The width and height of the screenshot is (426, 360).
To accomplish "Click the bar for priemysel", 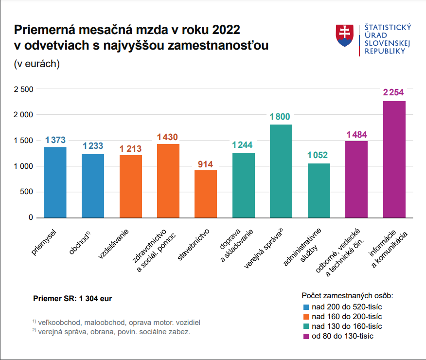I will point(55,182).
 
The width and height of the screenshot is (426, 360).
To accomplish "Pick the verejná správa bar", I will point(281,171).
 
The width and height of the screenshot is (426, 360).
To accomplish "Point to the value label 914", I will point(205,164).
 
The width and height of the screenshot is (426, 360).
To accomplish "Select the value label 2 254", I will point(393,92).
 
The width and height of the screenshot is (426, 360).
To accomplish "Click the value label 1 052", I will point(318,156).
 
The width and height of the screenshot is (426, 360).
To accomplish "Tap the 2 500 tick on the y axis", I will point(23,89).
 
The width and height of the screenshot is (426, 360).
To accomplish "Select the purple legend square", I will point(306,336).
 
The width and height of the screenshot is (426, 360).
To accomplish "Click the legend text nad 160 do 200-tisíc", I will point(347,316).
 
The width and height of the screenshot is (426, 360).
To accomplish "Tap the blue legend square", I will point(306,307).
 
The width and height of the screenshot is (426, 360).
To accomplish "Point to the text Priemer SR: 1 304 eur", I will point(72,298).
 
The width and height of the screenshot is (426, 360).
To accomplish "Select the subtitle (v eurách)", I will point(37,64).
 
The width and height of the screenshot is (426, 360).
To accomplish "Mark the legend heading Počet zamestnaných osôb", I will point(347,296).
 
